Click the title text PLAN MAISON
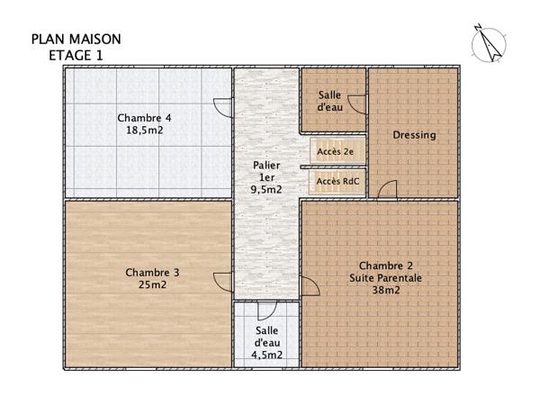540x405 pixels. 76,40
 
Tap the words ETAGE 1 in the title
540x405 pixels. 76,55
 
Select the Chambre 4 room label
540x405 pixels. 145,118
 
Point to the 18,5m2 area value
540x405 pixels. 145,130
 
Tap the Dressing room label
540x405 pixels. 415,135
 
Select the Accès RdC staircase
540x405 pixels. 336,181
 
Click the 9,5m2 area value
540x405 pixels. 266,189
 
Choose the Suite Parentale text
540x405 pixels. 385,278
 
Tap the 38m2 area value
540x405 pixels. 385,291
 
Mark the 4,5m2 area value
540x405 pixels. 267,355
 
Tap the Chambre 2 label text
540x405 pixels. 385,265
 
